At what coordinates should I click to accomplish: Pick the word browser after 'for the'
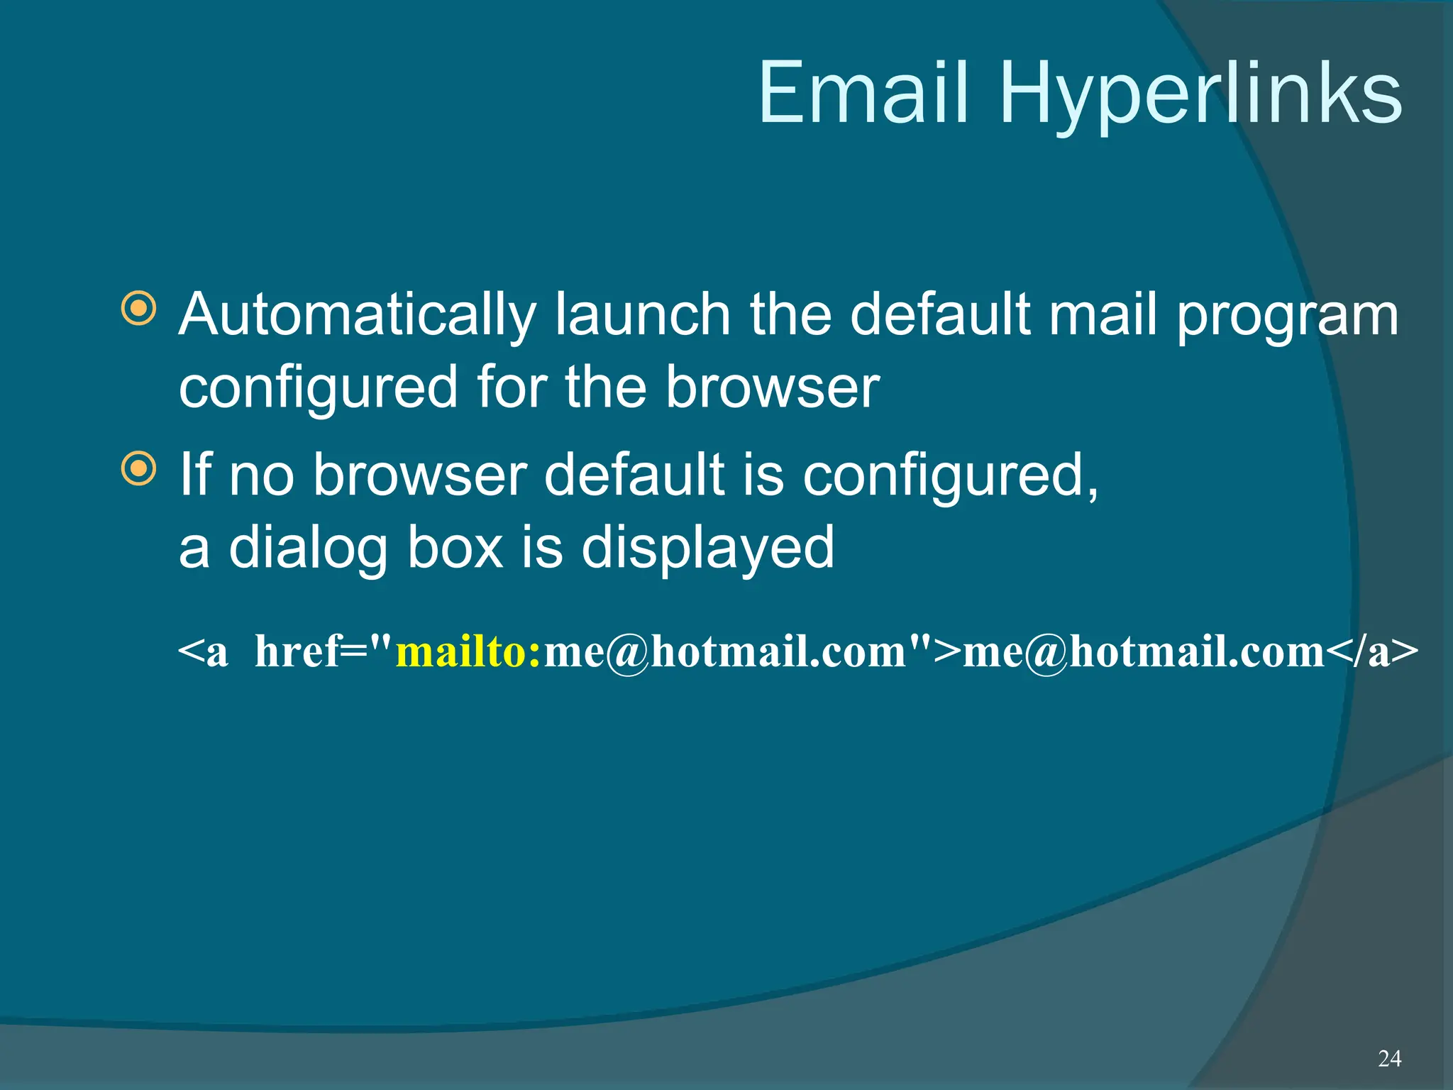tap(773, 387)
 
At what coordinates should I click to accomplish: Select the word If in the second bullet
tap(195, 474)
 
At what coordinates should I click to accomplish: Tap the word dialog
tap(309, 549)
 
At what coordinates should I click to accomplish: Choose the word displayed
tap(707, 549)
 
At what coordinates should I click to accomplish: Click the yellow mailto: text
tap(468, 651)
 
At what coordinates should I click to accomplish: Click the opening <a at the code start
tap(203, 652)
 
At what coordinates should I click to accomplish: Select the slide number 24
tap(1389, 1059)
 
